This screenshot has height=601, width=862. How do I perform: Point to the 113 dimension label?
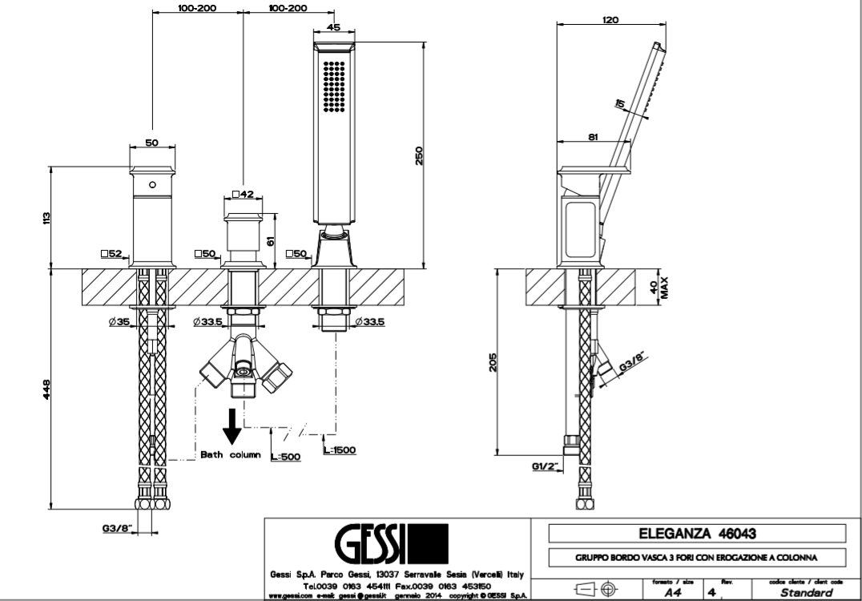pos(48,217)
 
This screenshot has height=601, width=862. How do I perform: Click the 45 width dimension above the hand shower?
pos(334,26)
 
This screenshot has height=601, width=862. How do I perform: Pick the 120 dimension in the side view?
pos(610,21)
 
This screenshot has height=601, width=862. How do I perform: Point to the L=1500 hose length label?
pos(340,450)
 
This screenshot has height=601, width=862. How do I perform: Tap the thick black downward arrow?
pos(232,426)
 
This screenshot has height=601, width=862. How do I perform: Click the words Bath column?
pos(231,454)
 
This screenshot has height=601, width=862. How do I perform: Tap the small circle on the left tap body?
pos(151,184)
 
